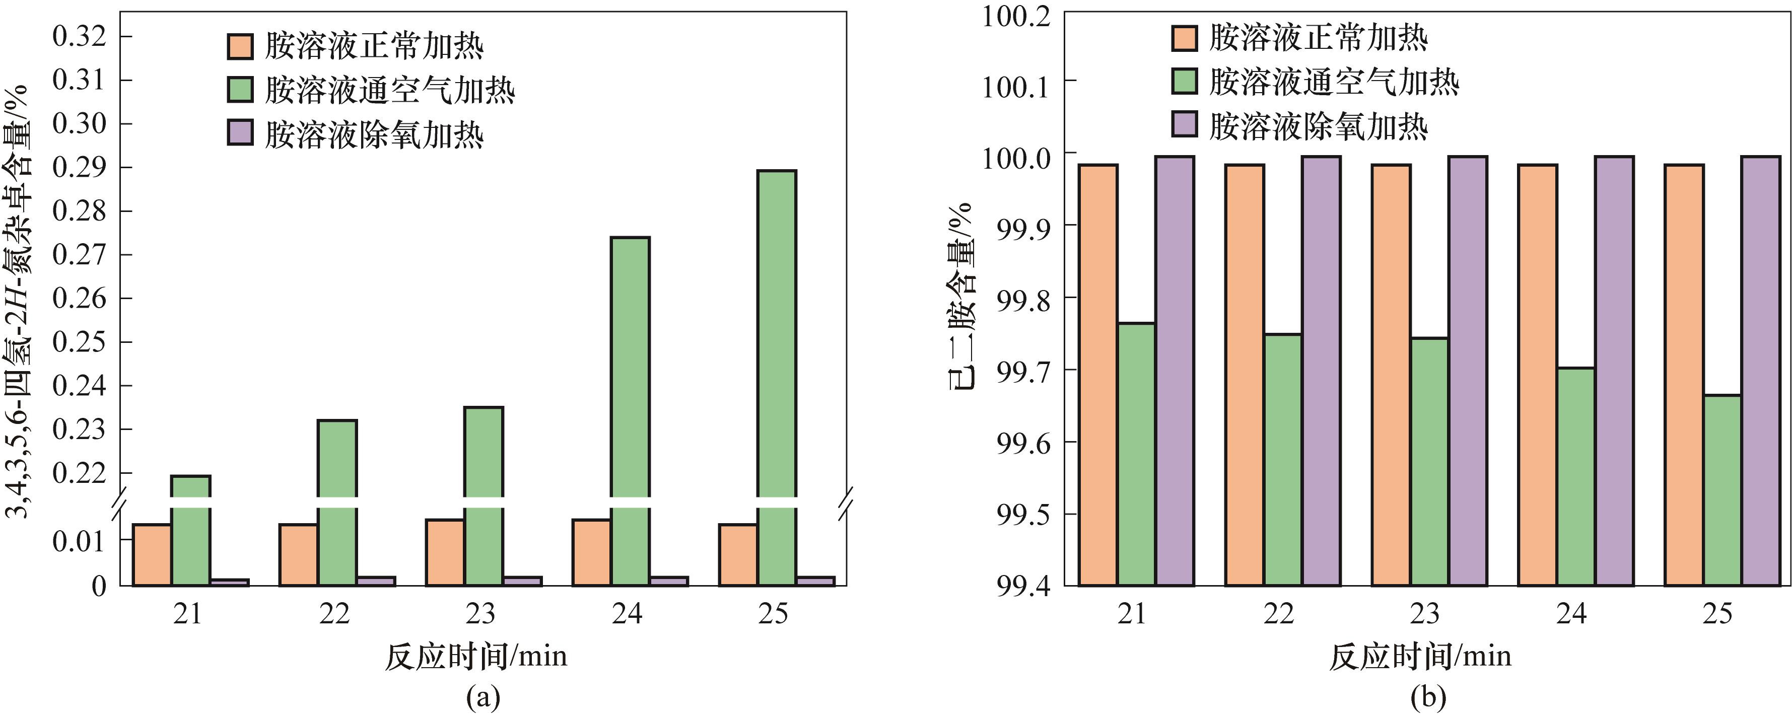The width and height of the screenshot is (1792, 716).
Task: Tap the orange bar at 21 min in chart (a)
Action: click(152, 555)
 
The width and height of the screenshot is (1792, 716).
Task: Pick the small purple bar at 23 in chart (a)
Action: click(522, 581)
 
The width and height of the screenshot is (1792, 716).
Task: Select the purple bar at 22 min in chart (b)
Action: click(1321, 371)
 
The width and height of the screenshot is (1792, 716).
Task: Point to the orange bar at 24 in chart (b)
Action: click(1537, 376)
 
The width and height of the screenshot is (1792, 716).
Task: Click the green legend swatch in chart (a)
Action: click(240, 90)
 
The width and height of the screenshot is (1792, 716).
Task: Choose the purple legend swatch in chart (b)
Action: click(1184, 125)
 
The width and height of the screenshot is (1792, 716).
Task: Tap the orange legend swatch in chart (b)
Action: click(1184, 38)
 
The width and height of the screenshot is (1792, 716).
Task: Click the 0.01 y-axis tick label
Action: click(79, 541)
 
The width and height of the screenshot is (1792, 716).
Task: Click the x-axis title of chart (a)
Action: click(476, 656)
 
